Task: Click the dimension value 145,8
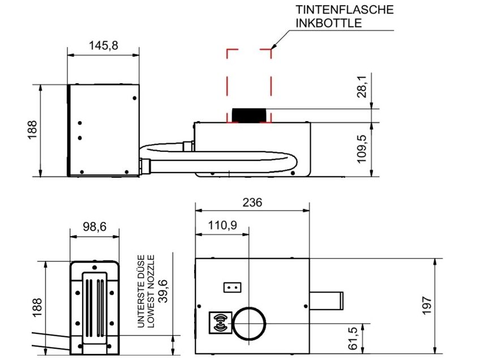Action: [x=104, y=46]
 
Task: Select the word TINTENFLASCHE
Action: [x=344, y=10]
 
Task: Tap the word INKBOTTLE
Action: [x=329, y=23]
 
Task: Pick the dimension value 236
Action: [x=252, y=203]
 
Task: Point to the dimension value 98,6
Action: [x=95, y=226]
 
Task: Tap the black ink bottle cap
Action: [x=248, y=115]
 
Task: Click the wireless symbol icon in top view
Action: [x=220, y=323]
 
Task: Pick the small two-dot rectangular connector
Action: [x=232, y=287]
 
